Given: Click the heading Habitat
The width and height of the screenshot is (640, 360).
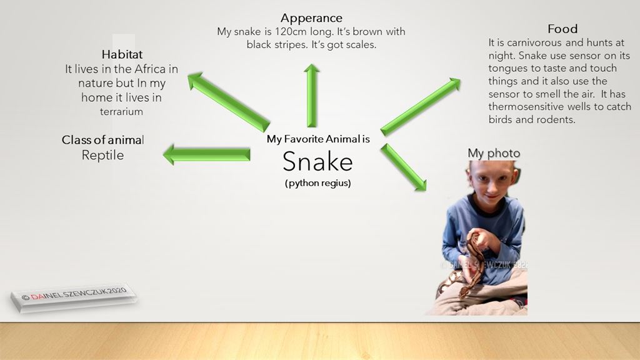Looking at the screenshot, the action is (x=122, y=54).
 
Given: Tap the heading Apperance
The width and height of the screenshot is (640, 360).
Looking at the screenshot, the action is (x=311, y=18).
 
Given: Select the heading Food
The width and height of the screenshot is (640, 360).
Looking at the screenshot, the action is (x=562, y=29).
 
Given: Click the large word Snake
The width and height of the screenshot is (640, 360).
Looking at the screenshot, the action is (x=317, y=162).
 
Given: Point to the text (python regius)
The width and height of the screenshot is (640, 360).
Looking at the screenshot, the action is (x=318, y=183).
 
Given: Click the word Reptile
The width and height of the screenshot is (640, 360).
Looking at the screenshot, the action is (x=102, y=156).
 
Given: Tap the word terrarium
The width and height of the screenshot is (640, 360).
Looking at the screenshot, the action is (x=121, y=111).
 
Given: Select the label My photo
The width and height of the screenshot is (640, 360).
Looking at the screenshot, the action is (x=494, y=154).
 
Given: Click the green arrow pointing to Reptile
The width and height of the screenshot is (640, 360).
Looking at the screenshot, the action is (x=206, y=154).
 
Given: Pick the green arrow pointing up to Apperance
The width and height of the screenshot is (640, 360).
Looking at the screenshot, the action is (x=311, y=96).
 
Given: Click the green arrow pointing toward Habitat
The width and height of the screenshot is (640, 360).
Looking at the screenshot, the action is (x=229, y=102).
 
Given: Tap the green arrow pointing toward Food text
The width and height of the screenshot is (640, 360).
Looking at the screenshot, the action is (x=421, y=106).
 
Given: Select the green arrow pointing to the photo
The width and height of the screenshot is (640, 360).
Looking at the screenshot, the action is (x=403, y=167).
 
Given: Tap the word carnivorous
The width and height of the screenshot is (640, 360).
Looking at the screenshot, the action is (x=535, y=43).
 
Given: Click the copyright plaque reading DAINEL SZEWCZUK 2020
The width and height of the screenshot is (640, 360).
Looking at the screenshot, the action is (x=74, y=297).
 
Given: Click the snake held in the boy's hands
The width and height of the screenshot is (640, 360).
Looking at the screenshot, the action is (x=469, y=265).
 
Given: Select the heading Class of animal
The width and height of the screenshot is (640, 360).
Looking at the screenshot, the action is (x=103, y=140).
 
